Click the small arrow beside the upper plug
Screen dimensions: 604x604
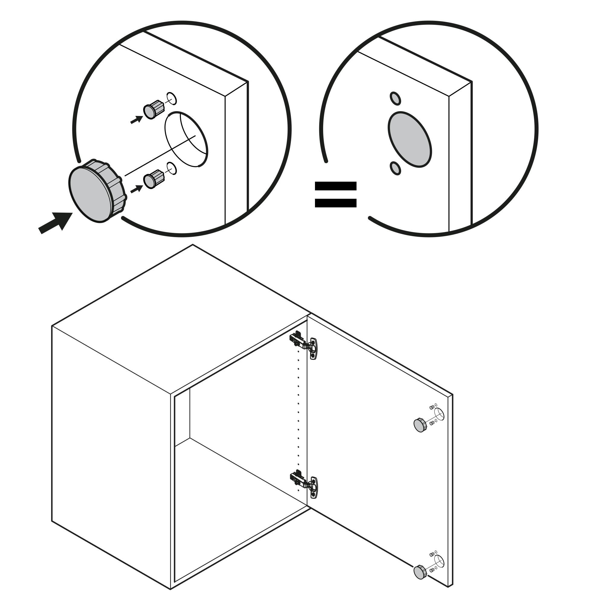[x=137, y=119]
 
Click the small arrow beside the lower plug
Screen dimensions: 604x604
[x=137, y=189]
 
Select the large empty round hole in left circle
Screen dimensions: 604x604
[x=186, y=140]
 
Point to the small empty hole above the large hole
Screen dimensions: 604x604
[x=172, y=99]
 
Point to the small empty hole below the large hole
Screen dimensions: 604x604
[x=172, y=169]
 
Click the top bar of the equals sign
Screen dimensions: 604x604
[x=336, y=186]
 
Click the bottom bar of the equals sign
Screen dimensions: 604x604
[x=336, y=203]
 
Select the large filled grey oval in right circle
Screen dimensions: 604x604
[x=410, y=140]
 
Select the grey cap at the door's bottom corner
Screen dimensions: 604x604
[x=420, y=572]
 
